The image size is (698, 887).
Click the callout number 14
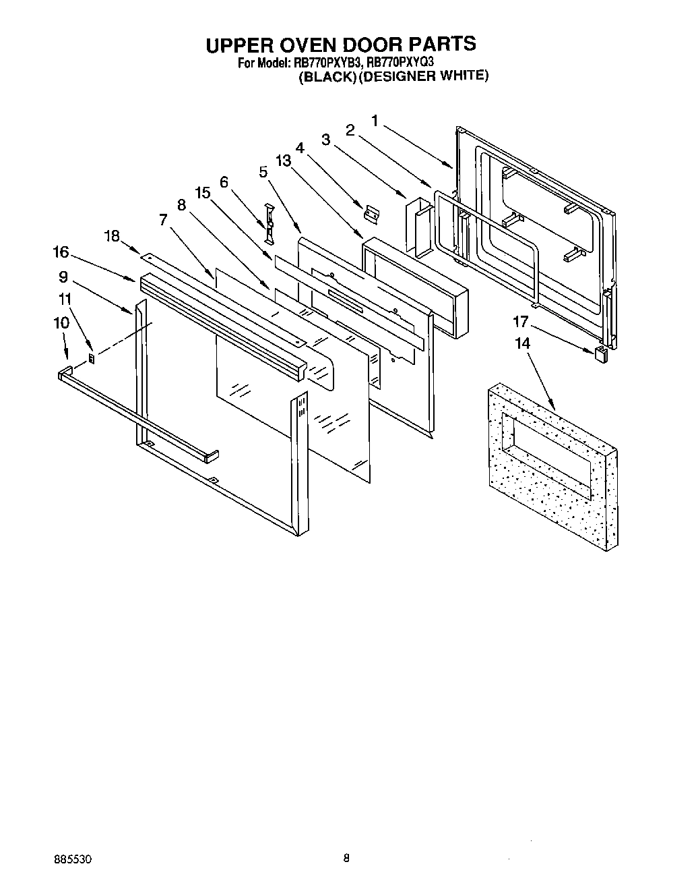pyautogui.click(x=522, y=343)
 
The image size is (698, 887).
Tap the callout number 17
pyautogui.click(x=521, y=322)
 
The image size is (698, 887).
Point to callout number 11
pyautogui.click(x=64, y=298)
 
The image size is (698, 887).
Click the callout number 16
pyautogui.click(x=61, y=252)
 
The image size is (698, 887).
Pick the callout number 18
pyautogui.click(x=112, y=235)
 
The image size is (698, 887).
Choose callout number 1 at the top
pyautogui.click(x=375, y=121)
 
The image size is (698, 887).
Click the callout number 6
pyautogui.click(x=224, y=181)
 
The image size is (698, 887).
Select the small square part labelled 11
pyautogui.click(x=93, y=357)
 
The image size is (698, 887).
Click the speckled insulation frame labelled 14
pyautogui.click(x=552, y=465)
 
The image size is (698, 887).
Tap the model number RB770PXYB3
pyautogui.click(x=327, y=62)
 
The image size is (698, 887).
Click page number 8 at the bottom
pyautogui.click(x=346, y=859)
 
